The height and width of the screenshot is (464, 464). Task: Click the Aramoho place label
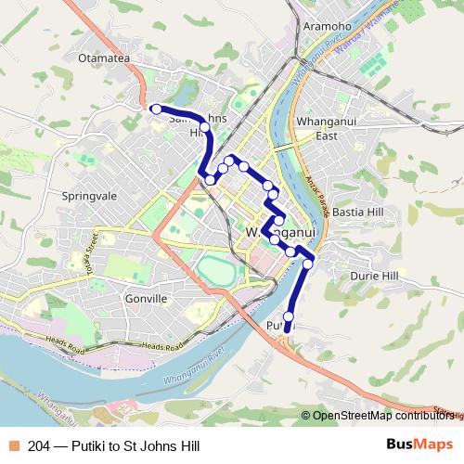(327, 27)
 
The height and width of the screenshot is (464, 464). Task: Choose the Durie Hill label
(374, 276)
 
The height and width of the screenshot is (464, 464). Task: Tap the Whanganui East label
(321, 128)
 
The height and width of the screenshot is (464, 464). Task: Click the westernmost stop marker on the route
(157, 110)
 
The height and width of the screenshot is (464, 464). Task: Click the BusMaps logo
(419, 445)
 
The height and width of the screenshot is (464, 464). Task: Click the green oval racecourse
(215, 273)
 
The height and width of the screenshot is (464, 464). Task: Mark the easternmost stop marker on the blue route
(308, 264)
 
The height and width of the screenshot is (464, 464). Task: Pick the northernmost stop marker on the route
(157, 110)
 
